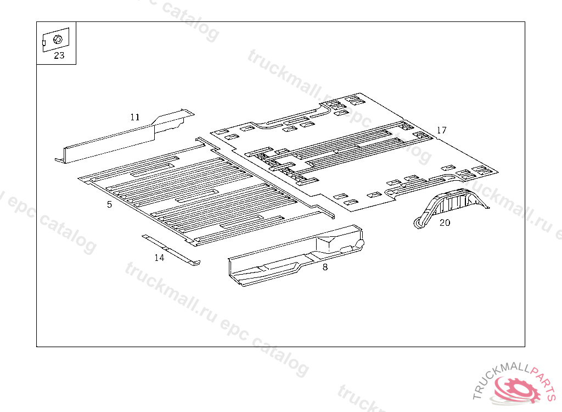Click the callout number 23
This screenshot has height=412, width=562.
coord(59,55)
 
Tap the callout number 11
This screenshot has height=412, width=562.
coord(135,117)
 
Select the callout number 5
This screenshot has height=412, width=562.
coord(109,204)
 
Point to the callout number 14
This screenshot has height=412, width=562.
coord(159,258)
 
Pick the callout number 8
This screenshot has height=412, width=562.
coord(325,268)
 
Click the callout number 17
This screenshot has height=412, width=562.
coord(441,130)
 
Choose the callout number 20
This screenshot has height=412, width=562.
coord(445,222)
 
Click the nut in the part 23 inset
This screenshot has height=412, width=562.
coord(57,39)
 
